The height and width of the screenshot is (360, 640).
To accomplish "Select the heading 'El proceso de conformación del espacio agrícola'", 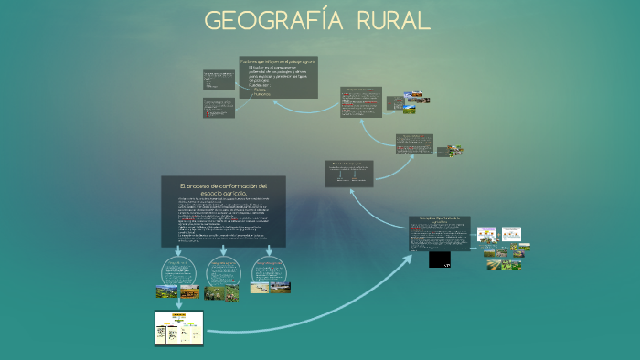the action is [223, 190].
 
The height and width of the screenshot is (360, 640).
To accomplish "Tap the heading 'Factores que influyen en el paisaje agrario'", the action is [278, 61].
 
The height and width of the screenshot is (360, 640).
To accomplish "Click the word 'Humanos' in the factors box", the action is [261, 95].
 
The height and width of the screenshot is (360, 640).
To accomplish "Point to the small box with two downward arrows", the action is [349, 173].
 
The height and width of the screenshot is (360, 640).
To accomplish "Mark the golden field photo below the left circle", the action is [167, 292].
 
